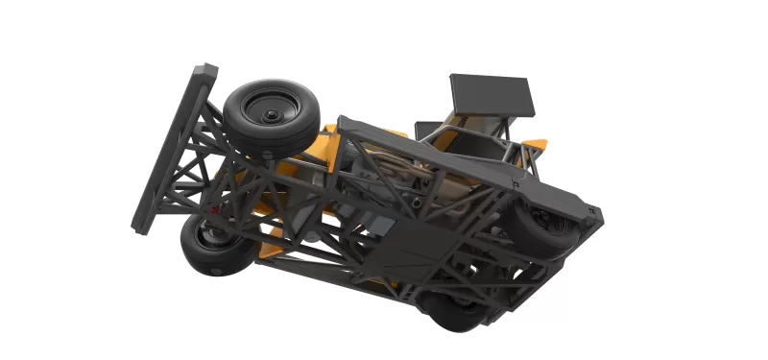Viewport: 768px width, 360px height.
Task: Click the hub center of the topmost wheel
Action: pyautogui.click(x=270, y=113)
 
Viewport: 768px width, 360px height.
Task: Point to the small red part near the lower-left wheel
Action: pyautogui.click(x=216, y=204)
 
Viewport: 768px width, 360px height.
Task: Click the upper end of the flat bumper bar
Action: pyautogui.click(x=204, y=74)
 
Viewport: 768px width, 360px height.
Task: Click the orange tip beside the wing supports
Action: pyautogui.click(x=539, y=145)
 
